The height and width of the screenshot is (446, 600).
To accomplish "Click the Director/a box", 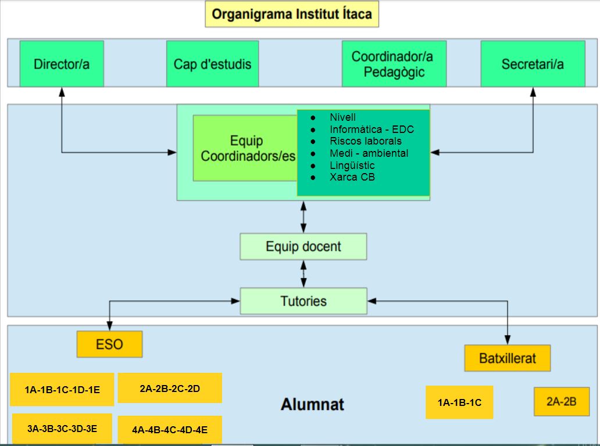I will pos(61,64).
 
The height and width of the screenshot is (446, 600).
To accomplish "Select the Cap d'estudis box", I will pos(212,64).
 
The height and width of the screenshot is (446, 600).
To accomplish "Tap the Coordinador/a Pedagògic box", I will pos(394,64).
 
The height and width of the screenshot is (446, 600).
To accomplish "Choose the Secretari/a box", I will pos(533,64).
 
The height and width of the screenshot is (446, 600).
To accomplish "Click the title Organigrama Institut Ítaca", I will pos(292,14).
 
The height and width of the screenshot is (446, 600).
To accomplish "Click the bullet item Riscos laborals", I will pos(365,141).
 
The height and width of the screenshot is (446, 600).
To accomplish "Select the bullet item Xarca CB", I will pos(352,177).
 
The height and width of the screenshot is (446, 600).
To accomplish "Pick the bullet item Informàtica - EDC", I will pos(372,130).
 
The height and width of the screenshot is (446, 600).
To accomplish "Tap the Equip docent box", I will pos(303,246).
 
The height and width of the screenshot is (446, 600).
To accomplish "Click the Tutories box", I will pos(303,301).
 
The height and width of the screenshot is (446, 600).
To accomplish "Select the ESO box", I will pos(109,344).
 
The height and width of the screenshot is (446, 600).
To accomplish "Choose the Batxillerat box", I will pos(507,358).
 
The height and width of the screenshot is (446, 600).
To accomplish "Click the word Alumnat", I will pos(312,404).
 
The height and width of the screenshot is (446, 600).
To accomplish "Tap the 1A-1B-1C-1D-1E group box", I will pos(62,390).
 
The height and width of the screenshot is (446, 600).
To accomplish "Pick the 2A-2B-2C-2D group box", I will pos(170,389).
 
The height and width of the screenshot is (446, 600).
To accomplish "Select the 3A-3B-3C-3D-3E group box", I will pos(62,429).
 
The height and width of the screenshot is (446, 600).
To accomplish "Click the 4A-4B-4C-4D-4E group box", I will pos(170,430).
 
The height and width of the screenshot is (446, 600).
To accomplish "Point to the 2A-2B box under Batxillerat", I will pos(561,401).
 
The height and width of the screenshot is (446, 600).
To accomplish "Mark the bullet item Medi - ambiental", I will pos(369,153).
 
